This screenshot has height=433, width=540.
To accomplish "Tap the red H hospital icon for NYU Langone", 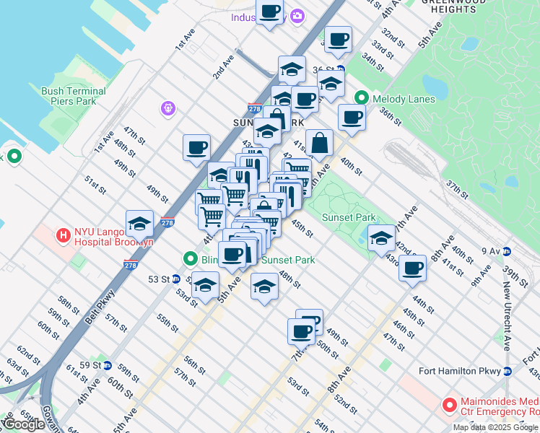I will (x=64, y=235).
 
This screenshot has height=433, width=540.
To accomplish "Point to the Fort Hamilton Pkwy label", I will (x=460, y=371).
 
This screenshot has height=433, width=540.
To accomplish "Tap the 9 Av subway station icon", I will (x=508, y=251).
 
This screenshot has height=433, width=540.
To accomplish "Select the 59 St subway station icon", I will (x=108, y=365).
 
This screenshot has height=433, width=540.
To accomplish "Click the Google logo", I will (x=23, y=424).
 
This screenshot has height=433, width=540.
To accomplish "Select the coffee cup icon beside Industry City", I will (x=270, y=12).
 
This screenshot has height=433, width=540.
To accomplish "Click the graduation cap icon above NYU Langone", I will (x=139, y=223).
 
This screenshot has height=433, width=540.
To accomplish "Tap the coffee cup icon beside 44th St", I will (x=413, y=268).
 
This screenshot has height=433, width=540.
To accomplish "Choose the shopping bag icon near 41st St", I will (x=319, y=142).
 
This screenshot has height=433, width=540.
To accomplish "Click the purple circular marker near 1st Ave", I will (x=168, y=108).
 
